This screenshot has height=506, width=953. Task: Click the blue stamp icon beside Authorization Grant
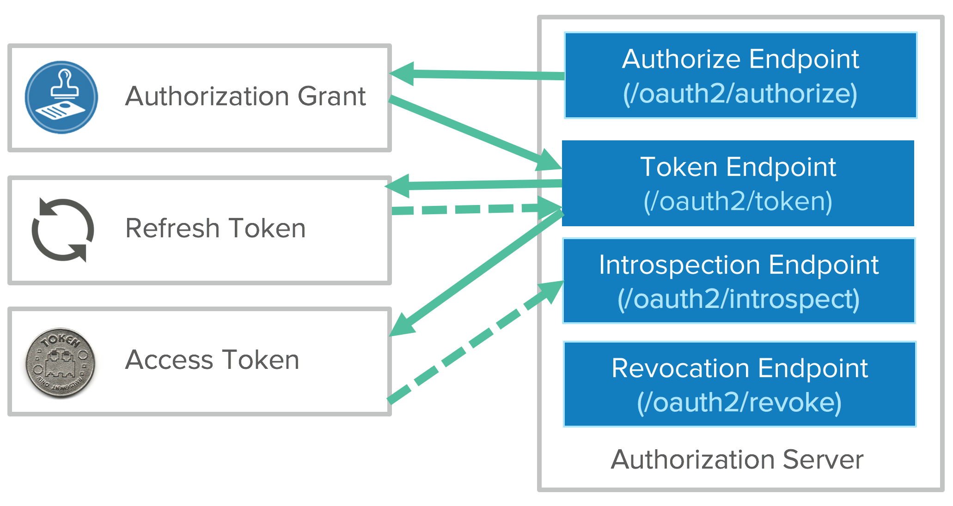pos(61,97)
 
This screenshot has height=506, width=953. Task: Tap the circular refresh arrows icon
pos(62,229)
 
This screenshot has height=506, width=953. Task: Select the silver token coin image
pos(61,363)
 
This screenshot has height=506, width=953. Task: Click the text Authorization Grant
pos(245,96)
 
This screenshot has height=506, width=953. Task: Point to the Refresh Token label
pos(215,228)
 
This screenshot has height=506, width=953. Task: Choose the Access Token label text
pos(212,360)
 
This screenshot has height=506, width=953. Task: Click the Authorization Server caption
pos(737,459)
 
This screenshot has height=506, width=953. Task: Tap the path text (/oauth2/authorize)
pos(740,94)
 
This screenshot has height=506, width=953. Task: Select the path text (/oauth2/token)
pos(738,201)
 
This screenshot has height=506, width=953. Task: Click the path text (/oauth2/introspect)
pos(739,299)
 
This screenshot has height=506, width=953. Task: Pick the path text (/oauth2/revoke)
pos(739,402)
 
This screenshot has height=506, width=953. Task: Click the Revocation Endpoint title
pos(739,368)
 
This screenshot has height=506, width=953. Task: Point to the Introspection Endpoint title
pos(739,265)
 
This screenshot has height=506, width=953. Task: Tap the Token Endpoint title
pos(738,167)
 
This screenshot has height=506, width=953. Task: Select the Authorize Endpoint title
pos(740,59)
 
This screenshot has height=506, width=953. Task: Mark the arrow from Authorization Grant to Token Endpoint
pos(471,131)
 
